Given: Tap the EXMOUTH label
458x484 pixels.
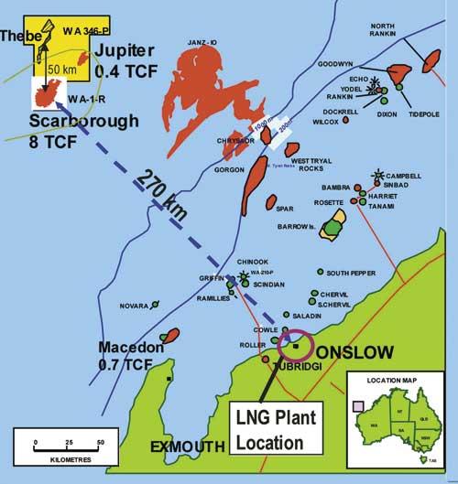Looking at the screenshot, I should [187, 446].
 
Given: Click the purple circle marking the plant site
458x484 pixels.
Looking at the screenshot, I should [294, 345].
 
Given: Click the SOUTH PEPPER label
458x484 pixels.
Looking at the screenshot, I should [351, 273].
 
